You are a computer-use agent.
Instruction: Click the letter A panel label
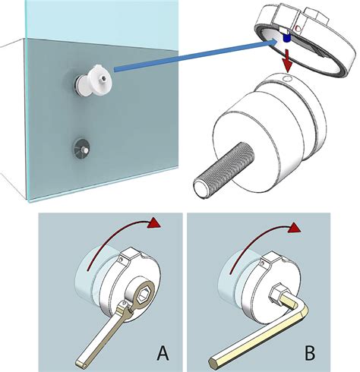click(x=163, y=353)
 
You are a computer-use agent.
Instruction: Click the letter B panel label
click(x=310, y=353)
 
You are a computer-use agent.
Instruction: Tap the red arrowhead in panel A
click(x=154, y=222)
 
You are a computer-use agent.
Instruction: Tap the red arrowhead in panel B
click(x=295, y=229)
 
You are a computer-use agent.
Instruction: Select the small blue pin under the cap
click(x=286, y=38)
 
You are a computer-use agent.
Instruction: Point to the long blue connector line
click(x=195, y=57)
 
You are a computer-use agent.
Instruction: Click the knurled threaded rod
click(x=223, y=169)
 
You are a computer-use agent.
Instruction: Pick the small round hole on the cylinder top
click(x=287, y=79)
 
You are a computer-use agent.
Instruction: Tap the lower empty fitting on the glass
click(x=81, y=148)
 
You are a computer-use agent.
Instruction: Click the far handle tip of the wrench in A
click(x=81, y=363)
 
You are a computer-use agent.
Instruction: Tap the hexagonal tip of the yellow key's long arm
click(x=213, y=362)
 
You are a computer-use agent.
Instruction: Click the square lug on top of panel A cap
click(x=129, y=254)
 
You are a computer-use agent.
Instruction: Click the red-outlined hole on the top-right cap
click(x=298, y=29)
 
